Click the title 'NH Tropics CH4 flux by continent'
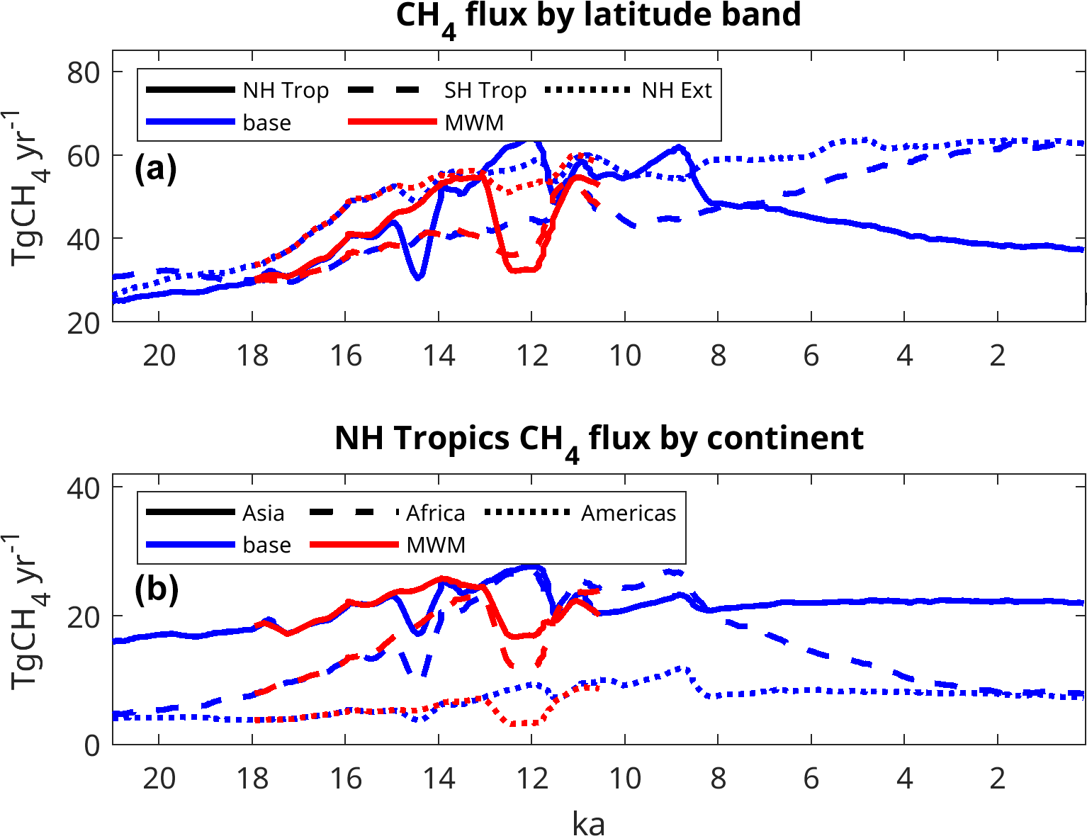(599, 439)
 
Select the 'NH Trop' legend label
(286, 91)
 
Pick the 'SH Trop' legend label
(485, 91)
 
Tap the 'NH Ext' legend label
(677, 91)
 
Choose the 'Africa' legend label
(435, 513)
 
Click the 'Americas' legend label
(629, 513)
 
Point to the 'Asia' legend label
(263, 513)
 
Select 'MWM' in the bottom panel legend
(436, 545)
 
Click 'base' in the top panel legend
(266, 123)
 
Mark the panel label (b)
(156, 589)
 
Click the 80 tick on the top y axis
(84, 72)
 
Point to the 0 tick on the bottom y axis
(92, 745)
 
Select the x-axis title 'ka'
(588, 824)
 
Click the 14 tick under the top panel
(439, 355)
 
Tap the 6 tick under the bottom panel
(811, 778)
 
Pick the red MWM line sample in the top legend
(393, 122)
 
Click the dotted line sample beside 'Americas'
(528, 512)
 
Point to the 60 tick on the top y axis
(84, 156)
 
